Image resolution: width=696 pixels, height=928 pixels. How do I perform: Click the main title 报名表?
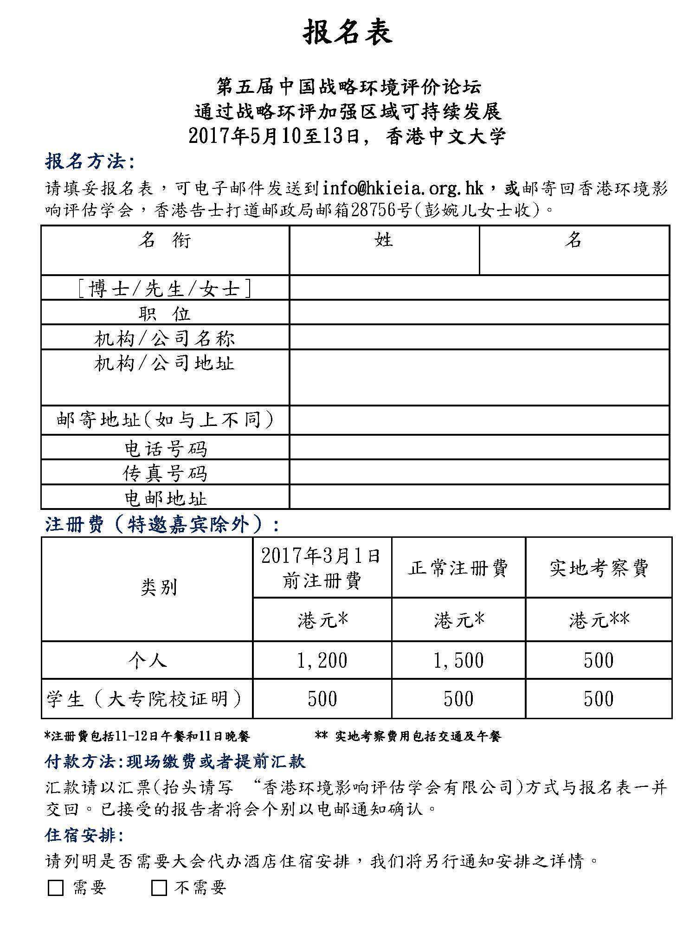[348, 32]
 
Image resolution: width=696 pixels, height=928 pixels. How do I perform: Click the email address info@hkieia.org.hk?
[403, 188]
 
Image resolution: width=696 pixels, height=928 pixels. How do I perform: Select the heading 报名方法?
[90, 161]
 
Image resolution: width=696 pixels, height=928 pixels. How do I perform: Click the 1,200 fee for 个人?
[322, 660]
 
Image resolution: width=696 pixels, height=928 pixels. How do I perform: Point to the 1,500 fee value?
[458, 660]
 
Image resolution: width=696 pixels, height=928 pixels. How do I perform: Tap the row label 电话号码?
[165, 448]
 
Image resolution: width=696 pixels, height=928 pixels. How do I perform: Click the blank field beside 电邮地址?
[479, 497]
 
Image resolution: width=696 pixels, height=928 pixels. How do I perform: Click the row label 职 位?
[165, 313]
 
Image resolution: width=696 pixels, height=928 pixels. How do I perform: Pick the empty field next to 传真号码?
[479, 472]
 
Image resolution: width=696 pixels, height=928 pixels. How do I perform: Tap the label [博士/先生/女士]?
[165, 289]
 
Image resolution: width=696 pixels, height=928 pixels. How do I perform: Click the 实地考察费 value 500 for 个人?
[599, 660]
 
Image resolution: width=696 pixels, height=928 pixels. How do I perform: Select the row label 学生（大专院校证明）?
[145, 699]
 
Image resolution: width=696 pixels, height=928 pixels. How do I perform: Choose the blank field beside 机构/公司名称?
[479, 337]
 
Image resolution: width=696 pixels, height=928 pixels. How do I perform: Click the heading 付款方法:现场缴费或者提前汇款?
[175, 761]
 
